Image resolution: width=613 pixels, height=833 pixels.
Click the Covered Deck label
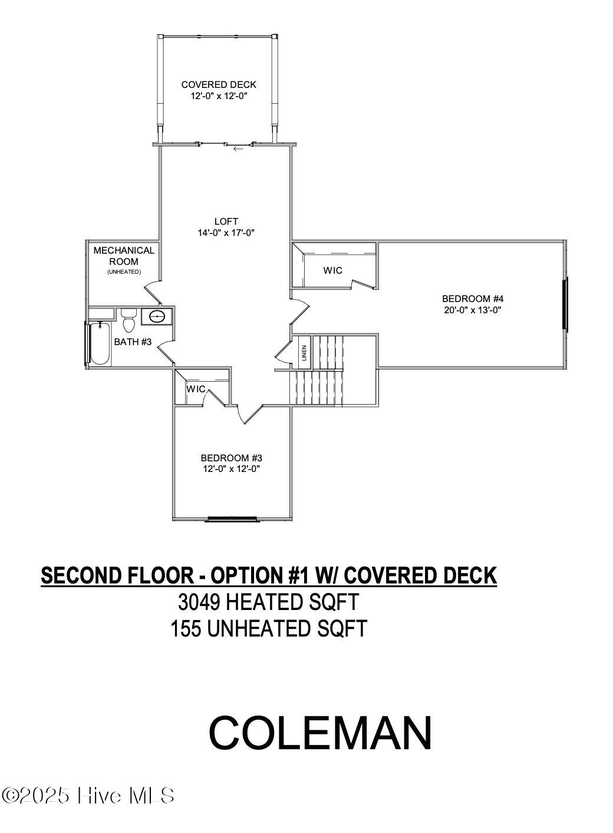[x=219, y=84]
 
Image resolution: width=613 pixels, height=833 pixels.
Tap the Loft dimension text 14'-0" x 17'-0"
[x=226, y=232]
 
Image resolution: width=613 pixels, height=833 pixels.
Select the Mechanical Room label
[x=124, y=255]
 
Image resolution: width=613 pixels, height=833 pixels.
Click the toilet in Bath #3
[x=128, y=322]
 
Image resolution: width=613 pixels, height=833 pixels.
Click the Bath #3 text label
[x=133, y=342]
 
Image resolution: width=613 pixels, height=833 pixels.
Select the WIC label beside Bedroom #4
[x=332, y=270]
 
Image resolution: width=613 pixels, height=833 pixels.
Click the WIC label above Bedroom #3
[x=196, y=389]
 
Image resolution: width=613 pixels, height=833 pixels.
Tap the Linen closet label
[x=304, y=353]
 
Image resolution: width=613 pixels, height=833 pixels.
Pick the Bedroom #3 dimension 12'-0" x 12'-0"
[x=232, y=469]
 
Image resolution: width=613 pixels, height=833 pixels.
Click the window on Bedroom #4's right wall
[x=565, y=304]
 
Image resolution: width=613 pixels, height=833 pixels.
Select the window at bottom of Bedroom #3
[x=232, y=519]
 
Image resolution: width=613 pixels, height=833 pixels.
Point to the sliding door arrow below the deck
[x=238, y=149]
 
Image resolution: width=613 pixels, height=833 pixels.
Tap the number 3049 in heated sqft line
[x=199, y=602]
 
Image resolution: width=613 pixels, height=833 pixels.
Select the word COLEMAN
[x=321, y=733]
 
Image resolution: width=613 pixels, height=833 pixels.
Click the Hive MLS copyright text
[x=88, y=796]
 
